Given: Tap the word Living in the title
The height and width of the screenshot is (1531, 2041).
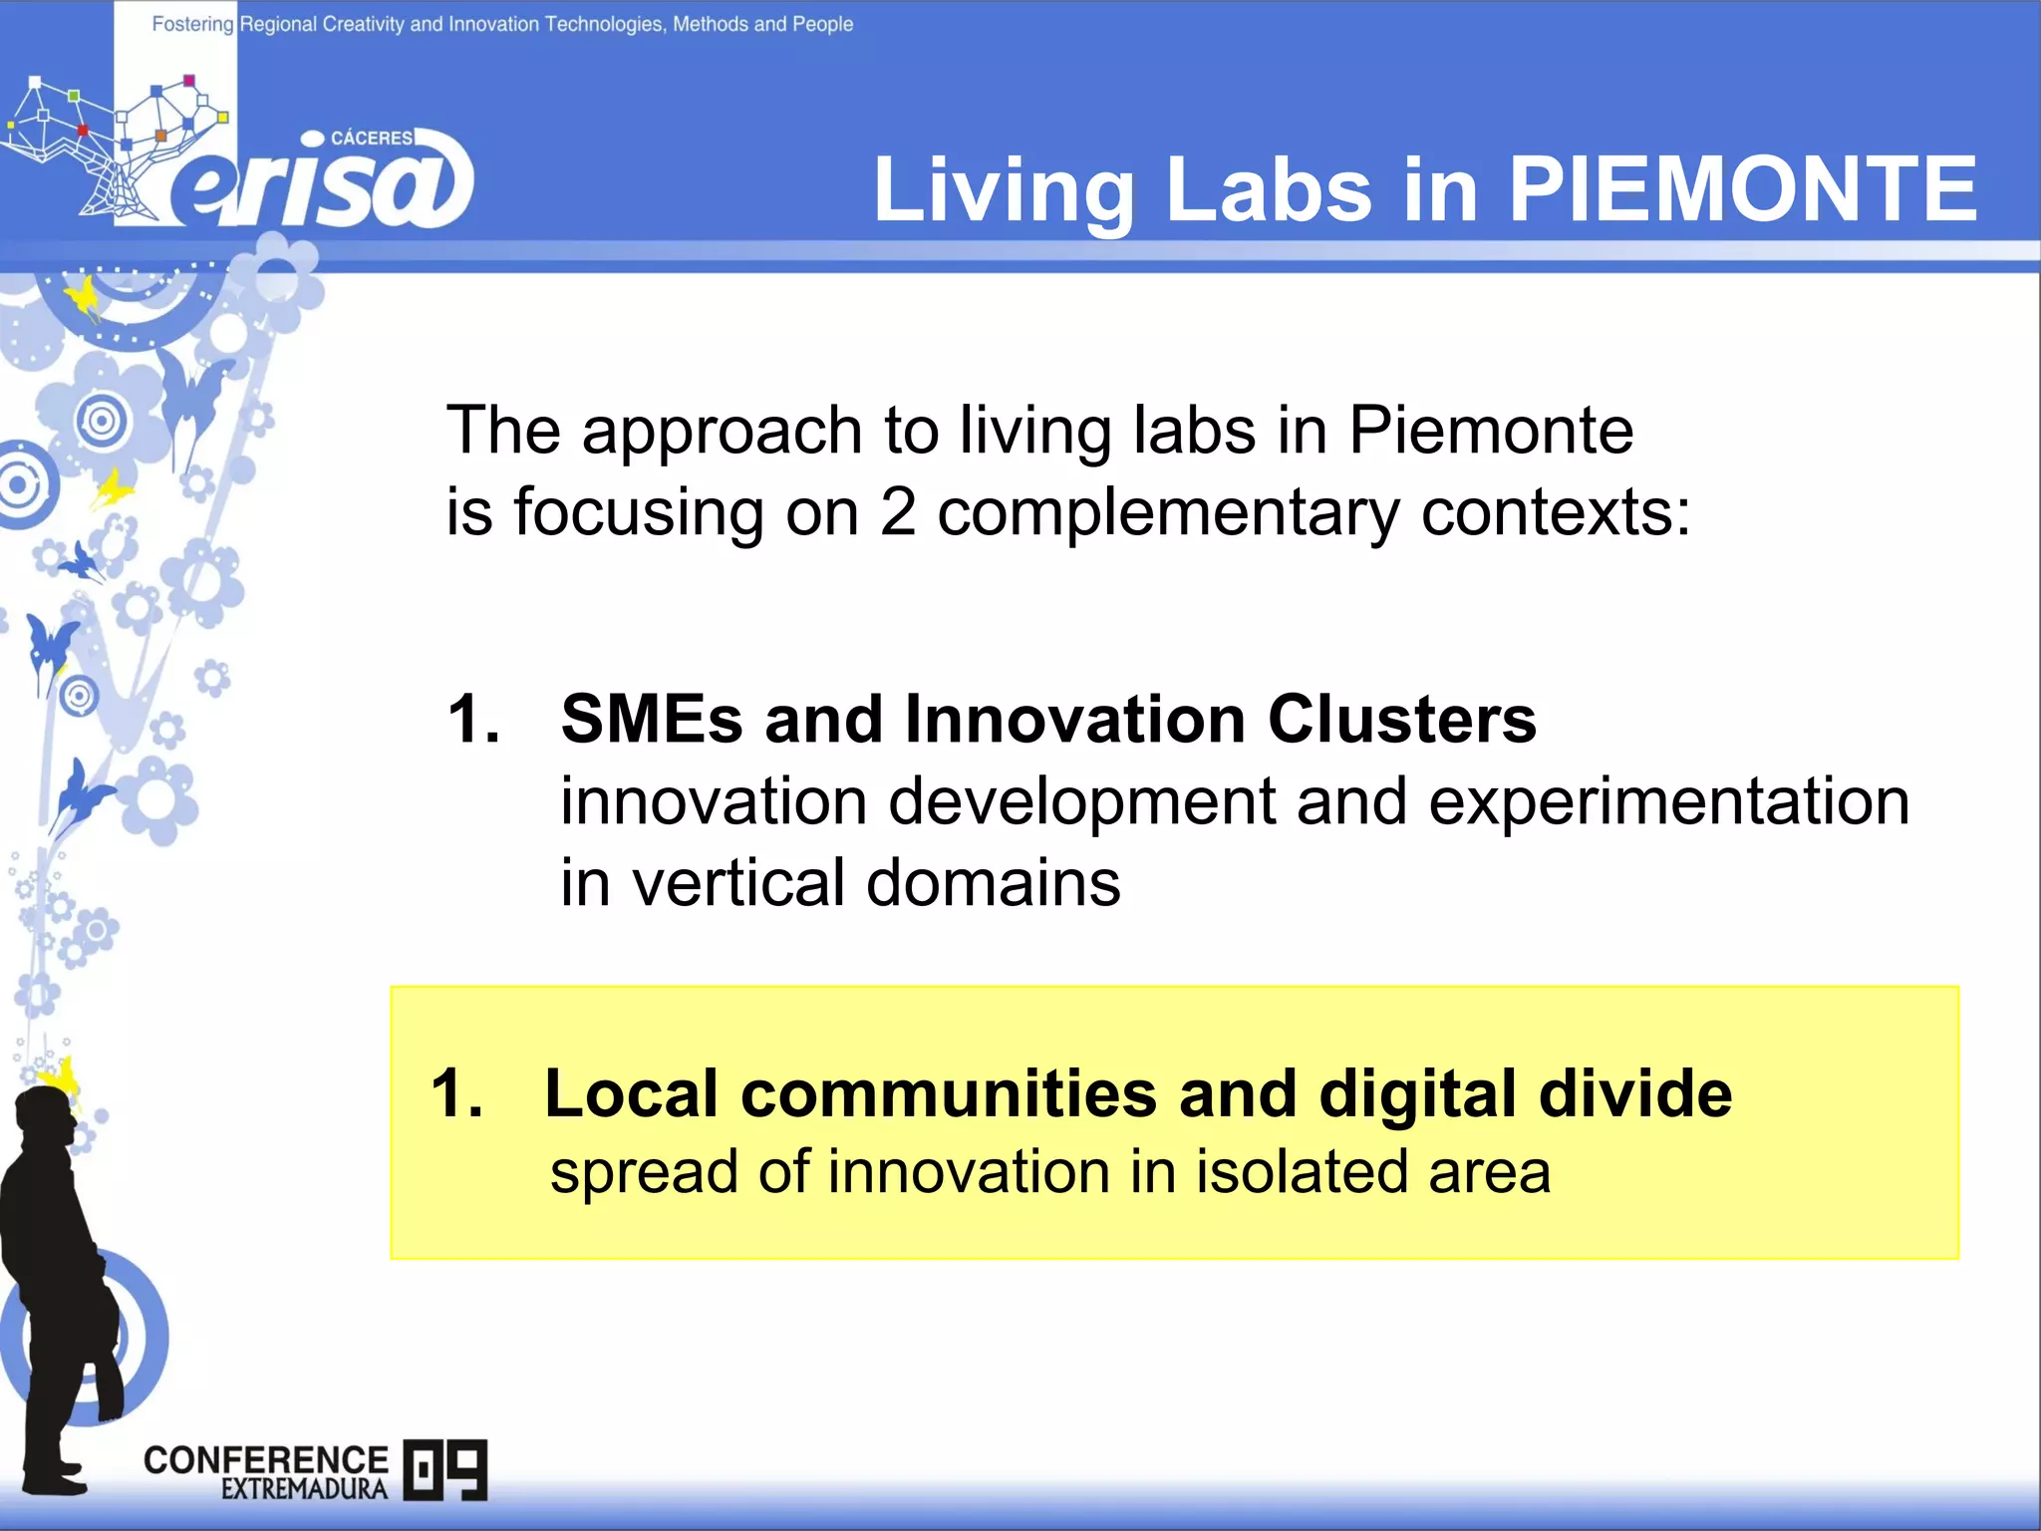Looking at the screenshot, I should coord(1003,191).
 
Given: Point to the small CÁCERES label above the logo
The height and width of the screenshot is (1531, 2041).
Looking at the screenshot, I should coord(371,138).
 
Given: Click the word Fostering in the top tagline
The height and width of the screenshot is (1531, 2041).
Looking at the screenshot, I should coord(192,24).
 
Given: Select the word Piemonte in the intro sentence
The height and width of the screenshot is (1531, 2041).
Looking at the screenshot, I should coord(1490,431).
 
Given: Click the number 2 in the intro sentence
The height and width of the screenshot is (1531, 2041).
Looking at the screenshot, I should coord(897,512).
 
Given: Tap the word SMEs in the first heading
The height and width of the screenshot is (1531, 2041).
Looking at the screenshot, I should coord(652,719).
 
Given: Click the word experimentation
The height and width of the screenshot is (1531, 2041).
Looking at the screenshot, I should coord(1668,801).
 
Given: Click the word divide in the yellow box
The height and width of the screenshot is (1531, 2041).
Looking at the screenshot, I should coord(1634,1093).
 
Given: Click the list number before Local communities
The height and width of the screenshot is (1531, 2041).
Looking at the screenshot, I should coord(456,1093).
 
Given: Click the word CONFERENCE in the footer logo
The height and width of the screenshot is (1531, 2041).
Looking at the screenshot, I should coord(265,1459).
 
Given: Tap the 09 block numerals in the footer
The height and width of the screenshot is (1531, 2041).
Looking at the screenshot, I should coord(445,1469).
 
